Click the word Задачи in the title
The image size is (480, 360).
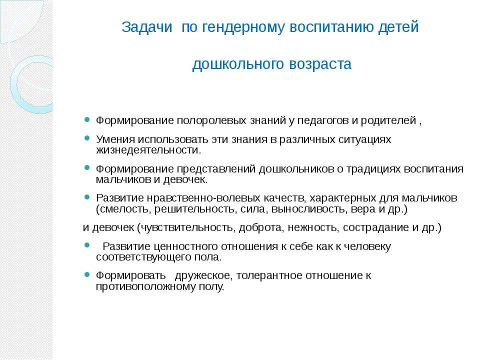(146, 27)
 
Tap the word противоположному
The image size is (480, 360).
(148, 287)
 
